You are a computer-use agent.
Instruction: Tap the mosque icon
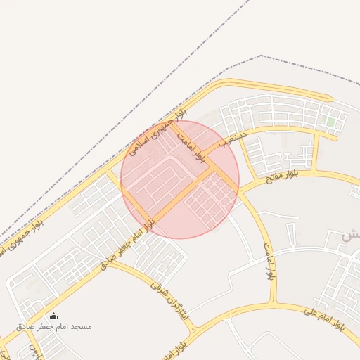[54, 316]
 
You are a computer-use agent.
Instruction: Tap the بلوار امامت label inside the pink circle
[191, 142]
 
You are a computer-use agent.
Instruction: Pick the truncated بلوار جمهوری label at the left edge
[21, 236]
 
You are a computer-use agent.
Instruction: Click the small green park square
[330, 122]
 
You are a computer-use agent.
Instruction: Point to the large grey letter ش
[347, 236]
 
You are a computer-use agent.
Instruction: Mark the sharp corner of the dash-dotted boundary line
[261, 56]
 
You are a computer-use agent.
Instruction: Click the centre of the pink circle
[180, 179]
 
